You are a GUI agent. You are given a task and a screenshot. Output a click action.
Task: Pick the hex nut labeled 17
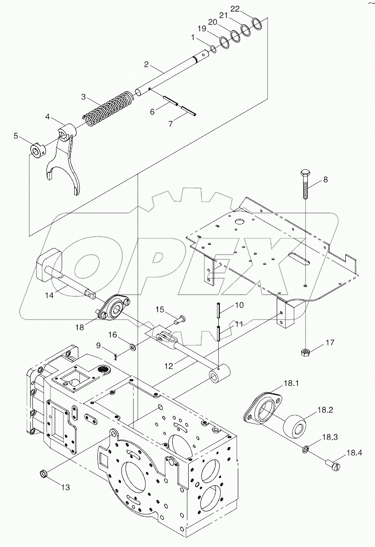(x=305, y=353)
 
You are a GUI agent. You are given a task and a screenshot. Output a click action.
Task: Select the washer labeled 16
(x=133, y=346)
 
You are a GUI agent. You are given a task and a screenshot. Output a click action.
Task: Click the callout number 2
(x=146, y=64)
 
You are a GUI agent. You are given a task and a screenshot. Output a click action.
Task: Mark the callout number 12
(x=169, y=366)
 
